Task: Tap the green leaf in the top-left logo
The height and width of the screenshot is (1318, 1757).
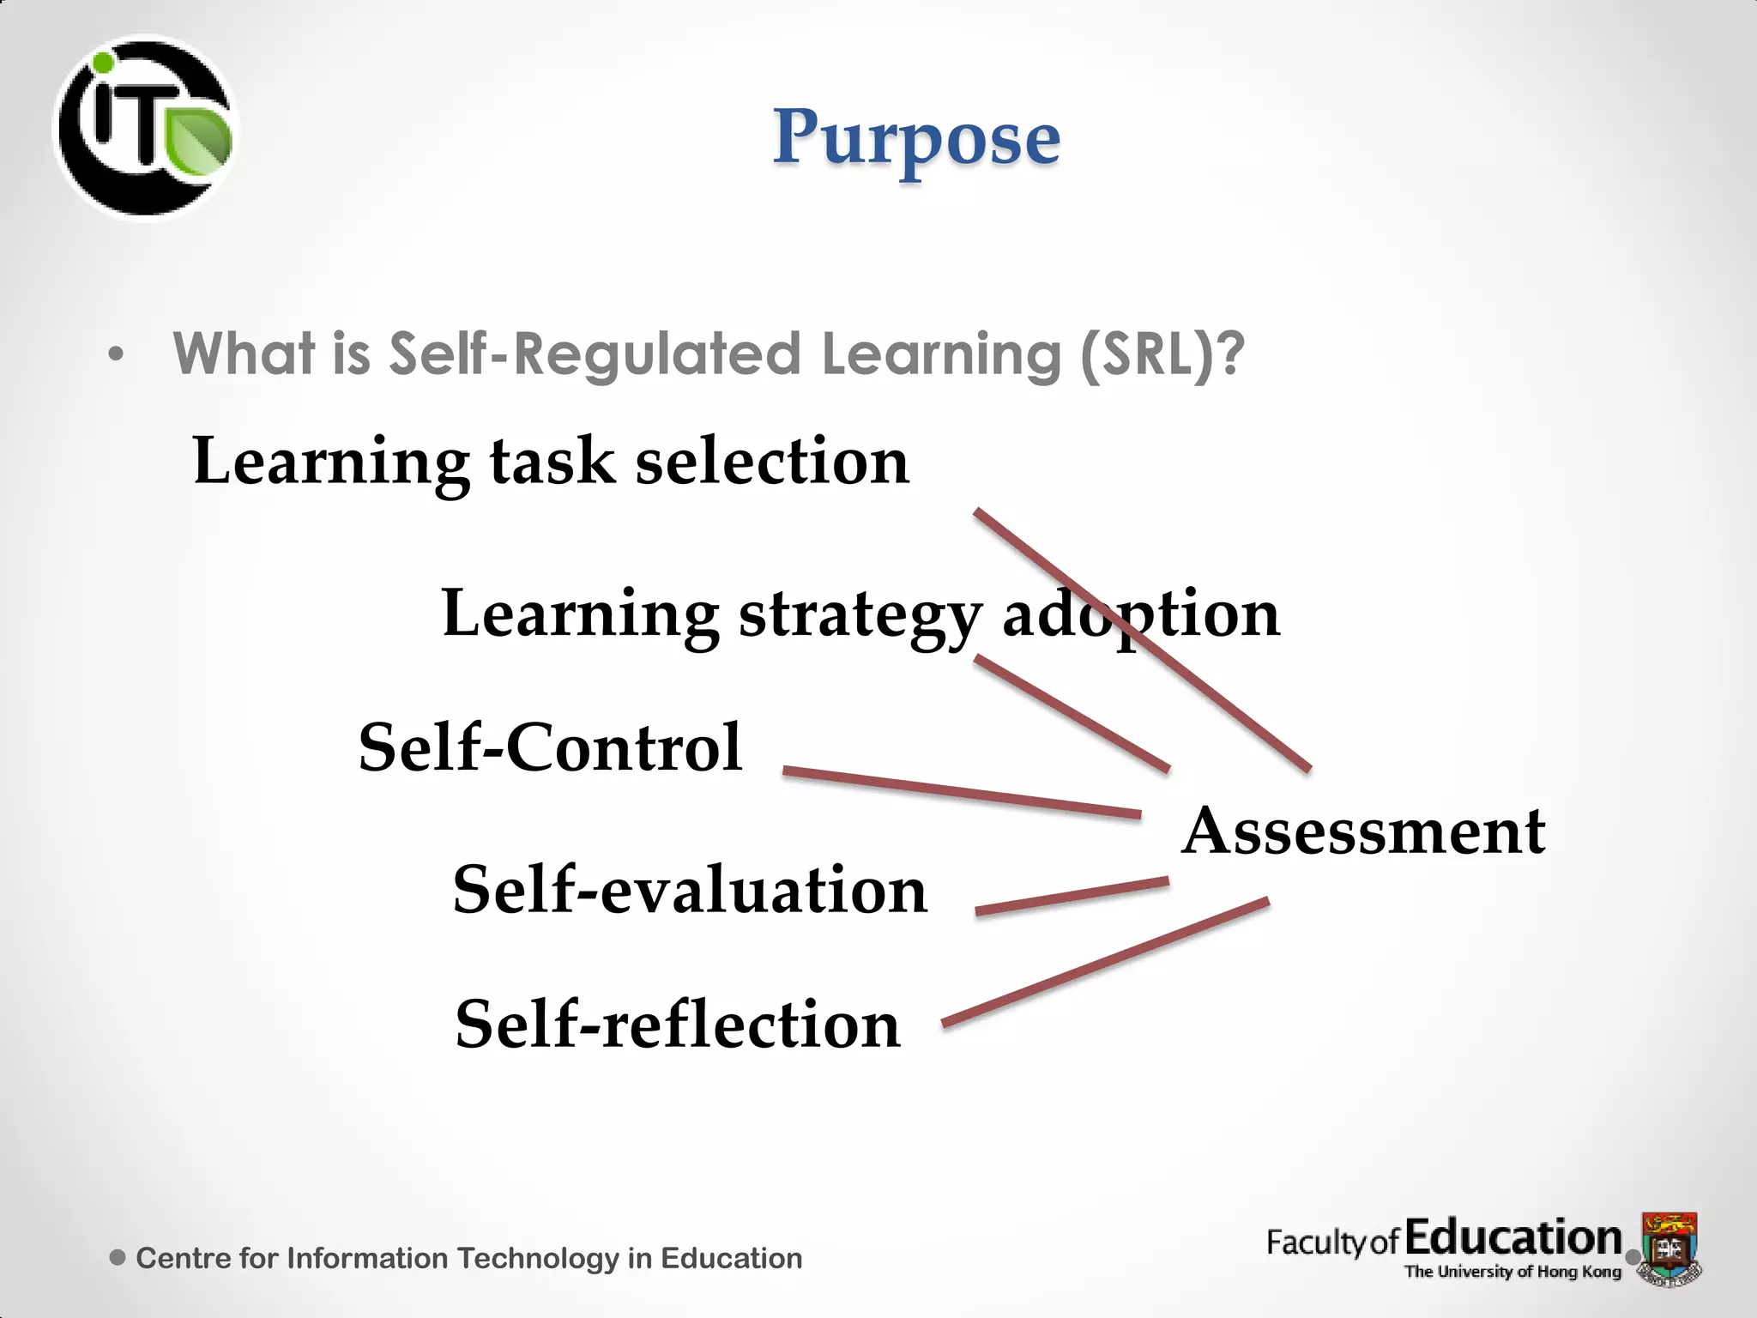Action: pyautogui.click(x=200, y=140)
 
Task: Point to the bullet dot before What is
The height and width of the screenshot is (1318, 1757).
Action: pyautogui.click(x=116, y=354)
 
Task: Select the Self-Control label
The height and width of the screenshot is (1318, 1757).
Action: pyautogui.click(x=550, y=747)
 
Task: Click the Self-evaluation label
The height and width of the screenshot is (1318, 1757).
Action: pyautogui.click(x=690, y=890)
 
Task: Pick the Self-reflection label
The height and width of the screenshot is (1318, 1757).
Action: pyautogui.click(x=678, y=1024)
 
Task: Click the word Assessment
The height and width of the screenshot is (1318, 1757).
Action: pyautogui.click(x=1363, y=831)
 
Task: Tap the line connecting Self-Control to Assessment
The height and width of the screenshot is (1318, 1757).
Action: pyautogui.click(x=961, y=792)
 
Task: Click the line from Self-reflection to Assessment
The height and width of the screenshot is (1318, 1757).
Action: pyautogui.click(x=1105, y=961)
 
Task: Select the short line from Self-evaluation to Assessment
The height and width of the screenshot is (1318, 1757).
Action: pyautogui.click(x=1072, y=895)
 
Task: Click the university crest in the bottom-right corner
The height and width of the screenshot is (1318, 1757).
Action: pyautogui.click(x=1669, y=1246)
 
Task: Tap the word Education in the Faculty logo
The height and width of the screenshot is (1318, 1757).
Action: pyautogui.click(x=1513, y=1237)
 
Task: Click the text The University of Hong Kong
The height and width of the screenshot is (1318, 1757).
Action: pyautogui.click(x=1512, y=1272)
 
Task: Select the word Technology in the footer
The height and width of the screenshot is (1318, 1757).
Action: pyautogui.click(x=538, y=1258)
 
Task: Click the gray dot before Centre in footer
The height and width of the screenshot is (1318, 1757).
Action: pyautogui.click(x=118, y=1257)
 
